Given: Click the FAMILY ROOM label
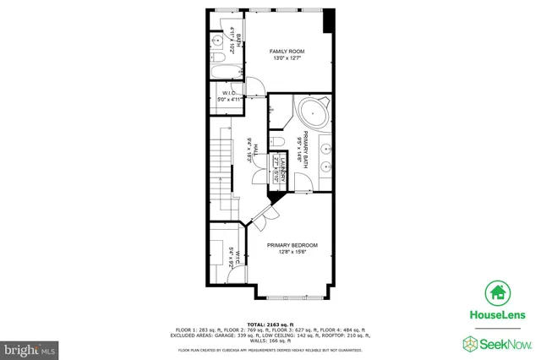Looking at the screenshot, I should pyautogui.click(x=287, y=52).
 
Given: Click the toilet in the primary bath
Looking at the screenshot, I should pyautogui.click(x=278, y=142).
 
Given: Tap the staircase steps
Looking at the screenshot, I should pyautogui.click(x=222, y=161).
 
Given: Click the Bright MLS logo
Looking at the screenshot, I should pyautogui.click(x=30, y=346).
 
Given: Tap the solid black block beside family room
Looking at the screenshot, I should pyautogui.click(x=329, y=20).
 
